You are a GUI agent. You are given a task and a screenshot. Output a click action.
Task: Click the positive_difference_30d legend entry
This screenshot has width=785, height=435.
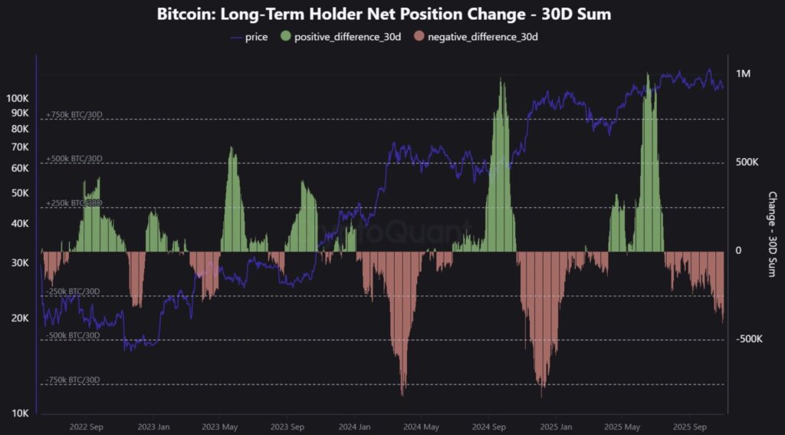347,36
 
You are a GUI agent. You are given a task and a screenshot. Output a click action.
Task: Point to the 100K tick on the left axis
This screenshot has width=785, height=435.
17,98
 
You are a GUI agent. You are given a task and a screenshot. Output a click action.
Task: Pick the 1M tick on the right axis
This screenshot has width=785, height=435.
743,74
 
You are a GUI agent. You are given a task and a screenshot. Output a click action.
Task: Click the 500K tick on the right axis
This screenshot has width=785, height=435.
747,163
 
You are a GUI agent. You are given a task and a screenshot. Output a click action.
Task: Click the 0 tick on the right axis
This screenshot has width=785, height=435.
739,251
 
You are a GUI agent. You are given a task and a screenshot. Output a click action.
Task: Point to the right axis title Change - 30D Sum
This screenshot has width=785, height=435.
772,234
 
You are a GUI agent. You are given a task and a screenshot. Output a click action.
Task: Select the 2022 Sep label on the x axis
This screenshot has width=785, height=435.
86,427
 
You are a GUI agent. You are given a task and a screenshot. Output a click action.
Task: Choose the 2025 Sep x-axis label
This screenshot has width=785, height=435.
688,427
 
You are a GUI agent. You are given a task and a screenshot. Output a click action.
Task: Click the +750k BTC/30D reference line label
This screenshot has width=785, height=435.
74,114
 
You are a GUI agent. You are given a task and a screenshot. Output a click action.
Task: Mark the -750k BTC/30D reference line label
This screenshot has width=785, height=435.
73,380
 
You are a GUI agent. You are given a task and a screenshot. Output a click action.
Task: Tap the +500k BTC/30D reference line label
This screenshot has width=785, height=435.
74,159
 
